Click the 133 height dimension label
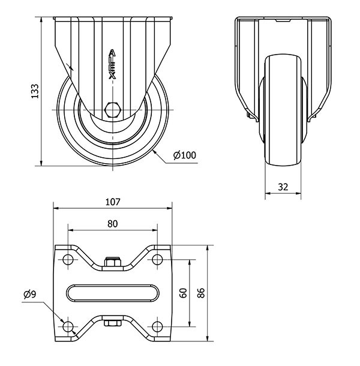click(x=35, y=91)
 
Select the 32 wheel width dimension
click(x=283, y=187)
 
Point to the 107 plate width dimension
click(x=112, y=202)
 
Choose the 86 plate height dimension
click(x=202, y=293)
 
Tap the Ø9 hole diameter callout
click(x=30, y=294)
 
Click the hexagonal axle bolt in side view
click(x=112, y=110)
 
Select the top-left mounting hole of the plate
click(x=67, y=260)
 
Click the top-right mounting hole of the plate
click(x=157, y=260)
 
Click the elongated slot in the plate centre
click(x=112, y=293)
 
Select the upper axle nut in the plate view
click(x=112, y=262)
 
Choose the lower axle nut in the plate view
click(x=112, y=323)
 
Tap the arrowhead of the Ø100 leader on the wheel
click(x=154, y=150)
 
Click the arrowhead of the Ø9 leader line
click(x=63, y=320)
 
